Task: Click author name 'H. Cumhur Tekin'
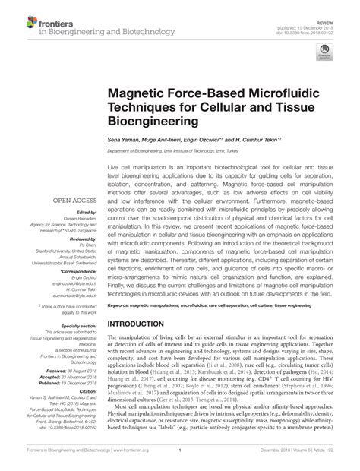[255, 140]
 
